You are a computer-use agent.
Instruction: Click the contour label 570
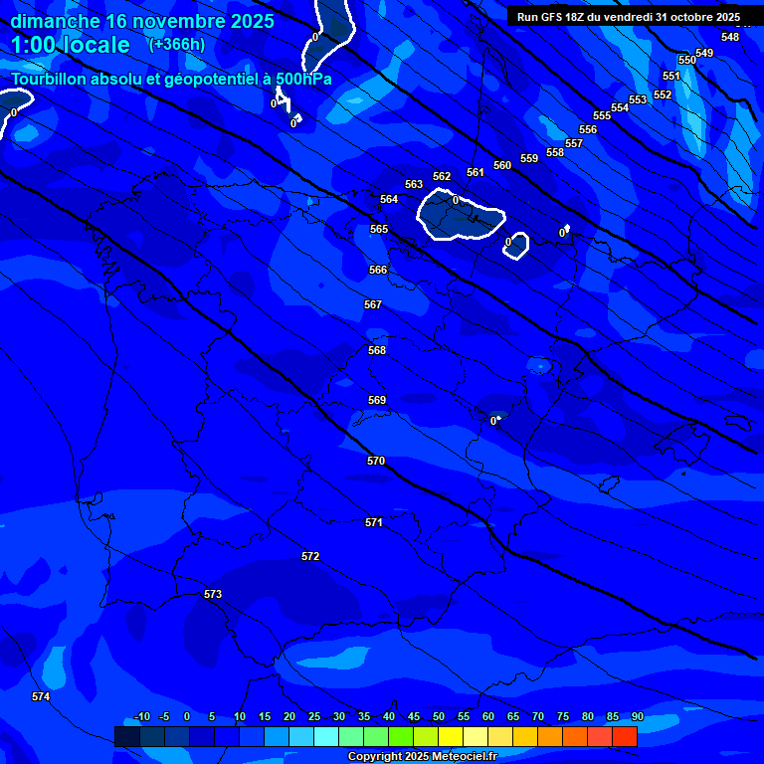375,461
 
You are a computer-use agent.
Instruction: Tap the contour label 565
379,229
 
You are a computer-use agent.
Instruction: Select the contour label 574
41,696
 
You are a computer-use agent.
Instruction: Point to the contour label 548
730,37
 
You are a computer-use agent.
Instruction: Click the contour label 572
310,556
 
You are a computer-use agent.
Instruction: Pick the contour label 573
213,594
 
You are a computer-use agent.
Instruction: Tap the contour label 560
502,165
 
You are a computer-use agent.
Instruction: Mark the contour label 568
377,350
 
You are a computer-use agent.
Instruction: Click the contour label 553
638,99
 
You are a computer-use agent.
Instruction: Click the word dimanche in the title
55,21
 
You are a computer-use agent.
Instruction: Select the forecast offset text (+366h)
175,44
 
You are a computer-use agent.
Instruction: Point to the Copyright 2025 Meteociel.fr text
422,756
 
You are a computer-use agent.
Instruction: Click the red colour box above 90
624,736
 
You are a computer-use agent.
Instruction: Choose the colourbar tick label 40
388,716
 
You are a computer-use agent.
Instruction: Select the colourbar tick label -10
141,716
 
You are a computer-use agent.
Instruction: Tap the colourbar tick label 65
512,716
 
